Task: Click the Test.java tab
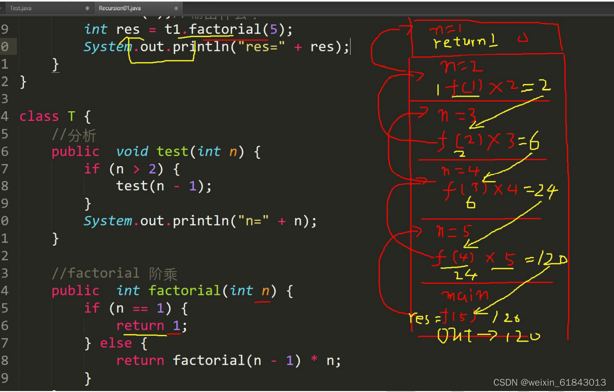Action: (x=21, y=8)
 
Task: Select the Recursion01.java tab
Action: (x=120, y=8)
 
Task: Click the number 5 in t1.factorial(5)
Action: (x=273, y=29)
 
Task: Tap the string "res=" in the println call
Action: (x=257, y=47)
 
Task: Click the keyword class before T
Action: (x=39, y=117)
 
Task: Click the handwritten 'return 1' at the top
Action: (x=465, y=42)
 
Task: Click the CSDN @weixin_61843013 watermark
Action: (x=549, y=382)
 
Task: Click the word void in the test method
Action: (x=132, y=152)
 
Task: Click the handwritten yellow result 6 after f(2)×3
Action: (x=534, y=143)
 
